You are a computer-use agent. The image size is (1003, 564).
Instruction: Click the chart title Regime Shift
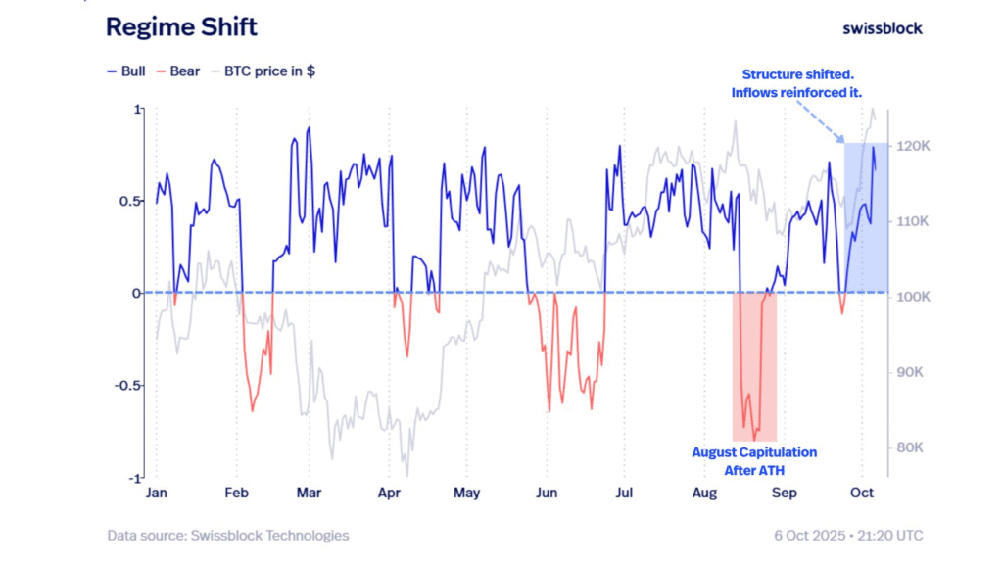[x=181, y=27]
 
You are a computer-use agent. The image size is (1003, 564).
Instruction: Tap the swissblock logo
[x=882, y=28]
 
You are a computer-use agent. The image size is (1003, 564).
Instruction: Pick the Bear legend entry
[x=178, y=71]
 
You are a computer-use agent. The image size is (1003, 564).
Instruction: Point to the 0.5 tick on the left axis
[x=128, y=201]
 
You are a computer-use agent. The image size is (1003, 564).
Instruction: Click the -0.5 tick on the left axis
[x=126, y=385]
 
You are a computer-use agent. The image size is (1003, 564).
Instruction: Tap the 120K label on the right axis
[x=913, y=146]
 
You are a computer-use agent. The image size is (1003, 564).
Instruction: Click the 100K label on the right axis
[x=913, y=297]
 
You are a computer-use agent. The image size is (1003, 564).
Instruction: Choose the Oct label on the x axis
[x=862, y=493]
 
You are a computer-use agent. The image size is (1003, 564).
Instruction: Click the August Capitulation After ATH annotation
[x=754, y=461]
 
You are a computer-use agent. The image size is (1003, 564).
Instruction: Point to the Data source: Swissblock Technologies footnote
[x=228, y=536]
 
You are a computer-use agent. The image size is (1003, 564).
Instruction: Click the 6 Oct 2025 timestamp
[x=846, y=536]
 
